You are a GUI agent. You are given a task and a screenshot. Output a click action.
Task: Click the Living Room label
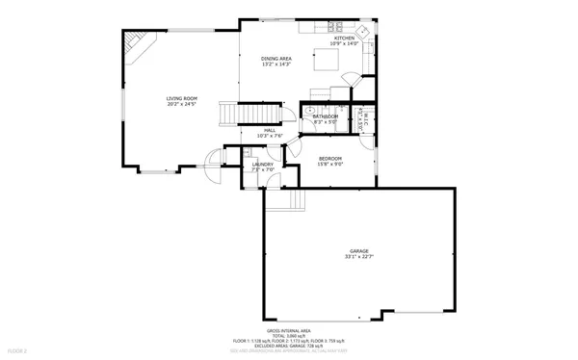tap(181, 98)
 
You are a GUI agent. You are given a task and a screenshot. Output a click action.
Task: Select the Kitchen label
tap(344, 38)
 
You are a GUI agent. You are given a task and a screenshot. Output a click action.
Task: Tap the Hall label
tap(270, 130)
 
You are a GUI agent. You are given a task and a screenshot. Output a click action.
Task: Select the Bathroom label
tap(325, 116)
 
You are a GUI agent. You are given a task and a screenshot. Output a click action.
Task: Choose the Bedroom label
tap(330, 158)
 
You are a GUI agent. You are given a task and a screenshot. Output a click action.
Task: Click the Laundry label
tap(262, 164)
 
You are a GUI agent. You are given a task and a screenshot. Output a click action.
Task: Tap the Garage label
tap(358, 250)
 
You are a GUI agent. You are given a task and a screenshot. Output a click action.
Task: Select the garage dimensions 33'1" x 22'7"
tap(358, 257)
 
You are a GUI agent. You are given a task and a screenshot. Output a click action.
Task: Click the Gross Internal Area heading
tap(288, 329)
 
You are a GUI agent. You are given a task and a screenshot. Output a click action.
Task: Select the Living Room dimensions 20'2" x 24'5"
tap(181, 104)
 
